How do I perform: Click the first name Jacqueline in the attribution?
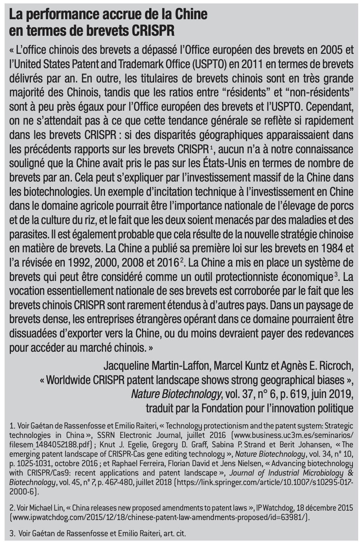pyautogui.click(x=126, y=366)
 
